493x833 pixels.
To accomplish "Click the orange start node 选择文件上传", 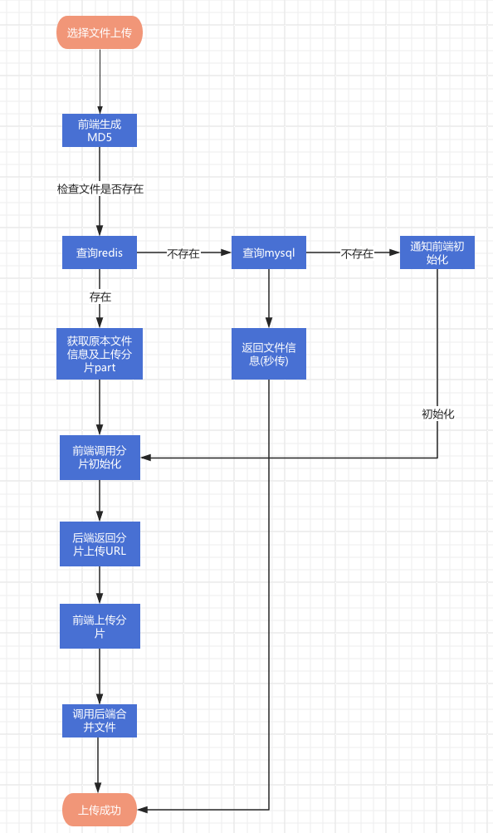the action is click(x=100, y=32).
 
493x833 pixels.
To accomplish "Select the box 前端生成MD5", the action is click(x=100, y=130).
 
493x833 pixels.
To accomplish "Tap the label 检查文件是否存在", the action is click(x=100, y=189).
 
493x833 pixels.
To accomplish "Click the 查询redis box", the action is click(x=100, y=252).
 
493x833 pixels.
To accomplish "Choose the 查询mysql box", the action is click(x=269, y=252).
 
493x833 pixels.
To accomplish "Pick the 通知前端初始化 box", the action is click(x=437, y=252).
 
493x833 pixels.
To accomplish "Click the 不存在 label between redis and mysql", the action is click(x=183, y=253).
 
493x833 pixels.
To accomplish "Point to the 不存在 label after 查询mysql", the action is click(x=357, y=253).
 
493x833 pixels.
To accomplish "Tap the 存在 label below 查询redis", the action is click(x=100, y=297).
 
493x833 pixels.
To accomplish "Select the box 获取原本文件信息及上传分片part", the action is click(x=100, y=354).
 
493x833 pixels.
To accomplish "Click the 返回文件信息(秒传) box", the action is click(x=269, y=354).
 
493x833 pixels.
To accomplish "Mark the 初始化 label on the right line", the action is click(x=438, y=414).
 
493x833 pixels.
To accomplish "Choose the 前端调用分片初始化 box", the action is click(x=100, y=458).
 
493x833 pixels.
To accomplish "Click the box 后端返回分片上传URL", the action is click(x=100, y=544).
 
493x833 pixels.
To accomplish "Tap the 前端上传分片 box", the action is click(x=100, y=626).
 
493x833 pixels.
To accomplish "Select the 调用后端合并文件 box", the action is click(x=100, y=721).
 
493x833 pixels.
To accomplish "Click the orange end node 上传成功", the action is click(x=100, y=810).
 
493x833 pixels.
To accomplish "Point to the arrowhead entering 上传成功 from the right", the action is click(x=142, y=810).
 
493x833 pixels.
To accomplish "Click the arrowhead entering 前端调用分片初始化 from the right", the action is click(x=145, y=458).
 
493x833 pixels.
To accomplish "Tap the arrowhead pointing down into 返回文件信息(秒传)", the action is click(x=269, y=322).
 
